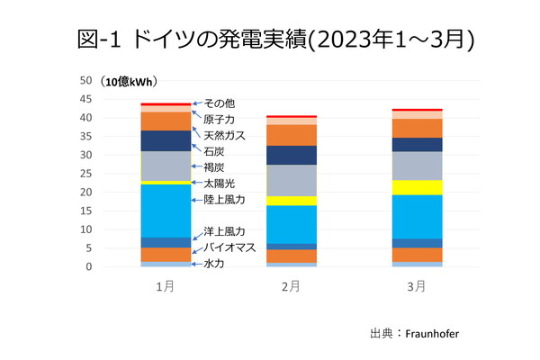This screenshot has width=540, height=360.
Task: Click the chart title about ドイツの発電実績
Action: click(270, 40)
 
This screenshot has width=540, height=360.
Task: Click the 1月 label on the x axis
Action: click(165, 285)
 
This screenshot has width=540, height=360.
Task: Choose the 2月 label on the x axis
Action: click(290, 285)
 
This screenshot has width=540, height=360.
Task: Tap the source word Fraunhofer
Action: click(438, 333)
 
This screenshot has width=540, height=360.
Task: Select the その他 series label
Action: click(220, 103)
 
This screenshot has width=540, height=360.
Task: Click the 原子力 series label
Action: click(220, 119)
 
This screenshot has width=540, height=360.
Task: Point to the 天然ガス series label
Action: click(225, 135)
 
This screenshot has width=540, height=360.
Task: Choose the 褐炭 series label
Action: click(214, 166)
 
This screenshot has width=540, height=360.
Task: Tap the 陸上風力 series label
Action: click(225, 199)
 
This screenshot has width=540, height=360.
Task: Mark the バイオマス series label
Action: click(230, 246)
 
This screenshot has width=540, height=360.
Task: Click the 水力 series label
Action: click(214, 264)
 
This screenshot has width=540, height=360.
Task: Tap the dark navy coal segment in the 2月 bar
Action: click(291, 155)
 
